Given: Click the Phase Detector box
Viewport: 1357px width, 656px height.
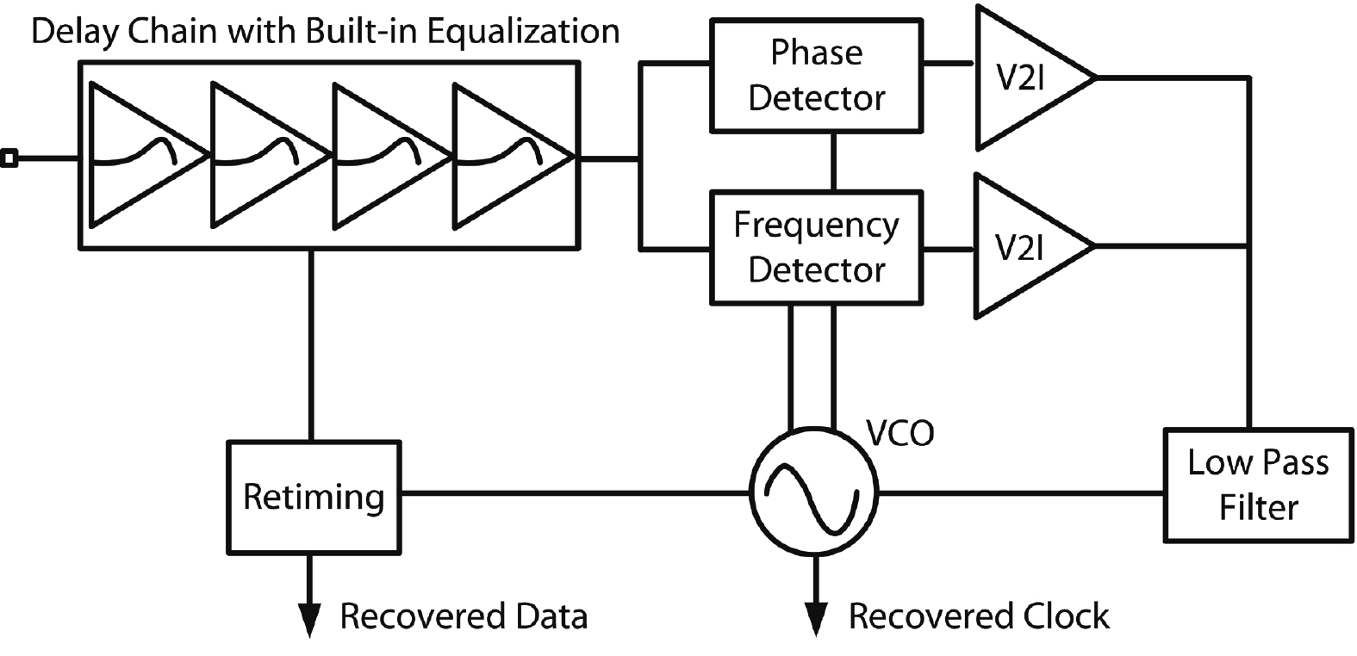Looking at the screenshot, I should click(815, 76).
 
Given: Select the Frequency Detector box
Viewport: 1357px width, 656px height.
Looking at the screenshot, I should click(815, 248).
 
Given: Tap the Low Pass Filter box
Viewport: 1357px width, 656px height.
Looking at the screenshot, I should click(1257, 485).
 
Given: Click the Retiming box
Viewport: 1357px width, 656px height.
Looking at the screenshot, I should click(314, 498).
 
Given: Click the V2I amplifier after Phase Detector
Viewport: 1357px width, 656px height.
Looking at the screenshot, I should click(1025, 78).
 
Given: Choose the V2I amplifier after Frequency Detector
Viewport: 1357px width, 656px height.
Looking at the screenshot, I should click(1025, 247).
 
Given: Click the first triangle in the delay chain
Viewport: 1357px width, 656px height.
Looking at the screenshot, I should click(138, 157).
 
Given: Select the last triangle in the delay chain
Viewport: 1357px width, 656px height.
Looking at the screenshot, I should click(505, 157).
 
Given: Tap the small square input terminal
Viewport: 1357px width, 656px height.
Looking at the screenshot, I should click(9, 158).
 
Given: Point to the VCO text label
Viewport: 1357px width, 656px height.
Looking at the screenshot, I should click(899, 433).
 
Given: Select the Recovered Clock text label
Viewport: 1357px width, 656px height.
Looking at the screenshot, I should click(979, 616).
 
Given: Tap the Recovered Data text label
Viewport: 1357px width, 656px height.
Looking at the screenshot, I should click(464, 616).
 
